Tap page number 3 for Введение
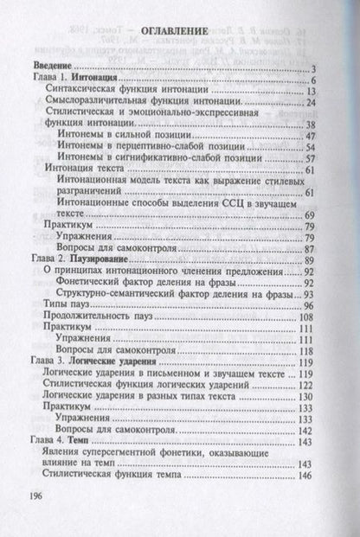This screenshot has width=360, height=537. coord(319,68)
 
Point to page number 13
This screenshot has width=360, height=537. coord(316,93)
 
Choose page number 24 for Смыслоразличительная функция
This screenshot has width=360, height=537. coord(316,105)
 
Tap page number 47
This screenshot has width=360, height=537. coord(316,137)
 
